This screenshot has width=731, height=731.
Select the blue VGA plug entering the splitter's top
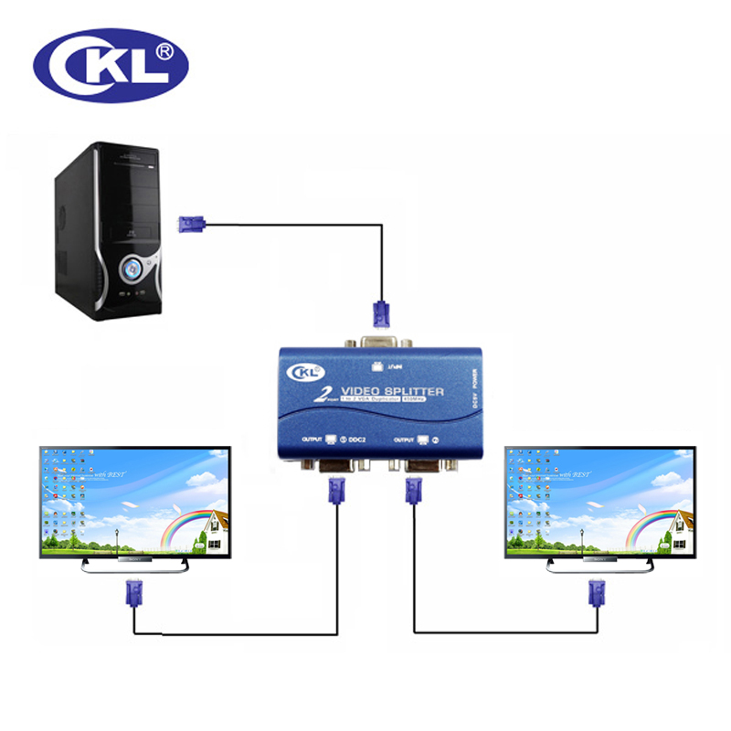point(380,313)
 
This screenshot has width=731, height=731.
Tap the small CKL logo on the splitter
point(307,373)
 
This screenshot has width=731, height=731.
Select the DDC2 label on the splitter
point(360,440)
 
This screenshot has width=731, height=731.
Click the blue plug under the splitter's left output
point(334,493)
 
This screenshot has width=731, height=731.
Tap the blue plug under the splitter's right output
point(409,493)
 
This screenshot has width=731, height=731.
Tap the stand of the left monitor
point(134,564)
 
